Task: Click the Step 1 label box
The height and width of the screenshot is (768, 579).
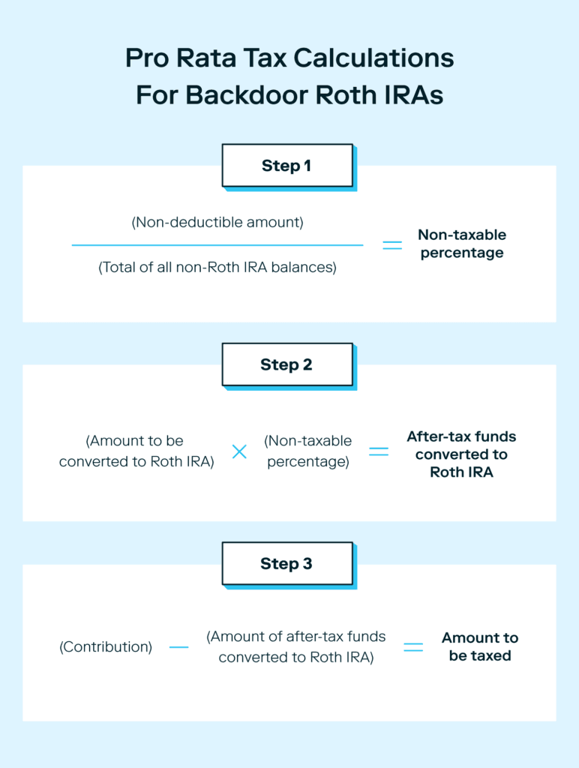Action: (286, 166)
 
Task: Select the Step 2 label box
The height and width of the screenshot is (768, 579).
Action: (286, 364)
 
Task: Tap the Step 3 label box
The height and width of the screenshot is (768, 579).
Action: (286, 564)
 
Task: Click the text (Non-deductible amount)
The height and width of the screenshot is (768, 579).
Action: (217, 223)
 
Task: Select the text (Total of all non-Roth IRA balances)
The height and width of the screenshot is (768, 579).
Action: (217, 268)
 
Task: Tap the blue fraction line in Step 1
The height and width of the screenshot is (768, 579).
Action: (217, 244)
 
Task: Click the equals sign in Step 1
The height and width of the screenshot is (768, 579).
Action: (392, 244)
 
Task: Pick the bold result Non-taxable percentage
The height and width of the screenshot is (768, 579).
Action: (462, 244)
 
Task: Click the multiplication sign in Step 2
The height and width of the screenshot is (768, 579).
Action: (239, 451)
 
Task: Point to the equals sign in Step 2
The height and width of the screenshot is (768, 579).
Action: (379, 451)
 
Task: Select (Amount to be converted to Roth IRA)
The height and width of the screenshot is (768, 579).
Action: (136, 451)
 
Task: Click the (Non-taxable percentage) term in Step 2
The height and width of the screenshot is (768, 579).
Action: (308, 451)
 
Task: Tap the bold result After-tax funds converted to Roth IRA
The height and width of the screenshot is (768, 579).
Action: (461, 454)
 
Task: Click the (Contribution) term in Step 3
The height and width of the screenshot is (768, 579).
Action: (106, 646)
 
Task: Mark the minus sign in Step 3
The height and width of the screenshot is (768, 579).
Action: (178, 646)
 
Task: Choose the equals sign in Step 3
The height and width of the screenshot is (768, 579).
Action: (413, 646)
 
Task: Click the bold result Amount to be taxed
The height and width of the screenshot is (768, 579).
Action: (480, 646)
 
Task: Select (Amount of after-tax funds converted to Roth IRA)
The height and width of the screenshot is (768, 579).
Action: (296, 646)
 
